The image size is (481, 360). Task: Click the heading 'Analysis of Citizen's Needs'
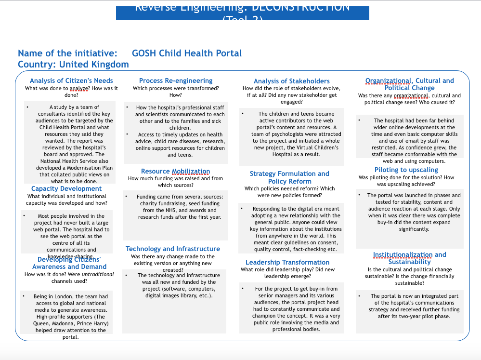(x=71, y=81)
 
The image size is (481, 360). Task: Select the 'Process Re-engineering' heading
(x=176, y=80)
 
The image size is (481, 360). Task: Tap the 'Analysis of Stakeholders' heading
(x=292, y=81)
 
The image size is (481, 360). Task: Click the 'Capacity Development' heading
(x=66, y=189)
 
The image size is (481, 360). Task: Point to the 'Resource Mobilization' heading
(x=175, y=171)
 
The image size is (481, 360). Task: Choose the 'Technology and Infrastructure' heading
(x=173, y=249)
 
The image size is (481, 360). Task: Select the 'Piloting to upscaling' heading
(x=406, y=170)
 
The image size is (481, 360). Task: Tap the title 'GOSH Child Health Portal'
(x=187, y=53)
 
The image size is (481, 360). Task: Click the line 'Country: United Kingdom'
(x=73, y=64)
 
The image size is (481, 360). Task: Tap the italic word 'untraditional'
(x=98, y=274)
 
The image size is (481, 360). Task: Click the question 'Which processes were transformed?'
(x=176, y=88)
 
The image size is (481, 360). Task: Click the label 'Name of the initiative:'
(x=67, y=53)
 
